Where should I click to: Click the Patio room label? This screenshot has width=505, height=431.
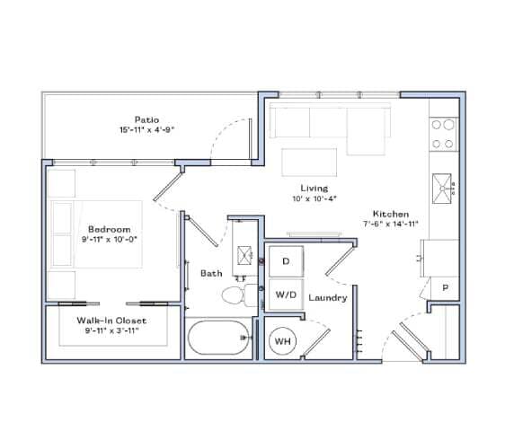pos(146,119)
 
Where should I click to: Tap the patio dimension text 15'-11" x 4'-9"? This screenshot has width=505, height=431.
pos(146,129)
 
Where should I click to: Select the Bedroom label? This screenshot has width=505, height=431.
pos(109,229)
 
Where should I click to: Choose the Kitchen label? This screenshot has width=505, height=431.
pos(387,214)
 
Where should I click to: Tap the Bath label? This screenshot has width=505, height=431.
pos(211,272)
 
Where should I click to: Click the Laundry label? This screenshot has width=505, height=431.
pos(327,297)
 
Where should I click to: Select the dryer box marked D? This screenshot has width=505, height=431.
pos(286,261)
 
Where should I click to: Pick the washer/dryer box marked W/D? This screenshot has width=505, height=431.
pos(286,294)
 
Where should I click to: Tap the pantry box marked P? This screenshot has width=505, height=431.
pos(444,287)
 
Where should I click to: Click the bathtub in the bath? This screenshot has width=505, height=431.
pos(218,339)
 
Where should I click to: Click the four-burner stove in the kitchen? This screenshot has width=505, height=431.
pos(442,134)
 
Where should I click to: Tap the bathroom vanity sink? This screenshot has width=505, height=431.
pos(243,254)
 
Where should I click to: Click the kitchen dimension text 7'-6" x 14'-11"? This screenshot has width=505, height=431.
pos(387,224)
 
